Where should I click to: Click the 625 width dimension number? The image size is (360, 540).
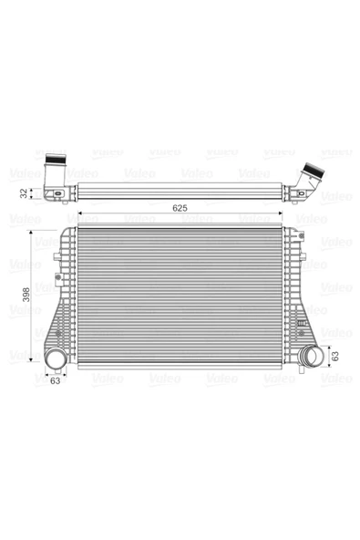click(180, 208)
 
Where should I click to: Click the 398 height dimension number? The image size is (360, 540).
click(26, 295)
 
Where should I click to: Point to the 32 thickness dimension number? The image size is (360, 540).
click(24, 193)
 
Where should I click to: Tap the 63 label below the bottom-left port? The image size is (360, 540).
click(55, 380)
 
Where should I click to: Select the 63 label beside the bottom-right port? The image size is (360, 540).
click(334, 356)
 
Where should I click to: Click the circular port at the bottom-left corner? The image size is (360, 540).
click(56, 358)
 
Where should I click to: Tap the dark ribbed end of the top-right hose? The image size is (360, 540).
click(314, 170)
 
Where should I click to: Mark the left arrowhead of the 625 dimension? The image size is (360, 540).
click(80, 213)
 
